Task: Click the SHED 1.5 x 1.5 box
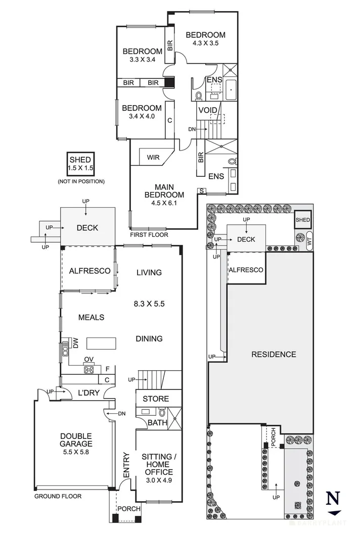click(81, 163)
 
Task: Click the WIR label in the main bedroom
click(153, 157)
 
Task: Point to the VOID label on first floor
click(207, 110)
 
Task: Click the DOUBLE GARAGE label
click(76, 440)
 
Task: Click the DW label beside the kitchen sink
click(75, 344)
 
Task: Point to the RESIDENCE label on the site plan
click(274, 354)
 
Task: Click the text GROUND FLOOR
click(58, 496)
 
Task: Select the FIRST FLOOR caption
click(149, 235)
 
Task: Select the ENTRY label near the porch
click(127, 468)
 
